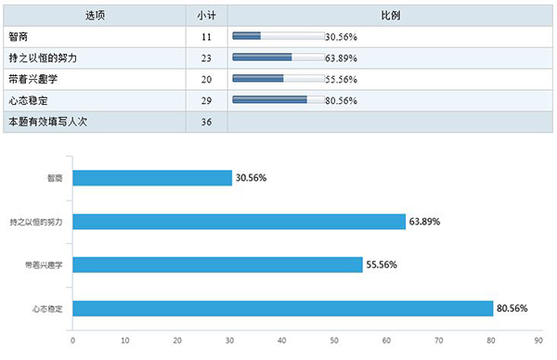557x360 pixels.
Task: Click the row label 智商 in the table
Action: point(19,37)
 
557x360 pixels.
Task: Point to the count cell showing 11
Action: point(206,37)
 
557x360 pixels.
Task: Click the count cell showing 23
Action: point(206,58)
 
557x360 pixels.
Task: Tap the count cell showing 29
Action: point(206,100)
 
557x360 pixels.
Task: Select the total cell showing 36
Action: point(206,122)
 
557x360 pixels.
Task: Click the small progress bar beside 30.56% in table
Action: point(278,37)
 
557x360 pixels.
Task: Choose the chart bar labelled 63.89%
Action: point(239,222)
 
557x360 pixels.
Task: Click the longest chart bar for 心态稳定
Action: point(282,309)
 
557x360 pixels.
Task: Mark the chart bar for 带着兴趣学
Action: point(217,265)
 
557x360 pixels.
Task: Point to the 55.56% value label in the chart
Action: point(382,265)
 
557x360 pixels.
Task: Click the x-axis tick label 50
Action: point(306,341)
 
